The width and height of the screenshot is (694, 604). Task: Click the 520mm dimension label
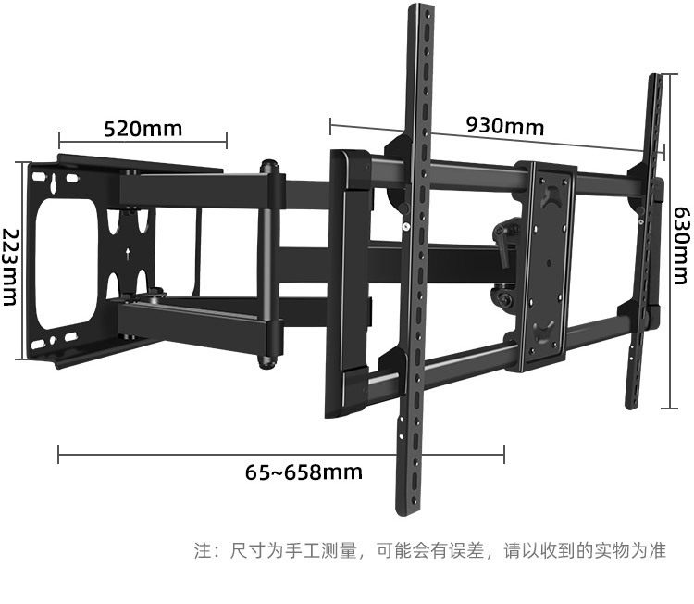143,128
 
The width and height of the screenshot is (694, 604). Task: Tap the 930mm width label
504,125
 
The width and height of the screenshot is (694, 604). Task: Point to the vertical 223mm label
11,267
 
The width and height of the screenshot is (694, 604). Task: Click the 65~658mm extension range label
304,472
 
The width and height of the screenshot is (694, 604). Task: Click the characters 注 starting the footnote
203,550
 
